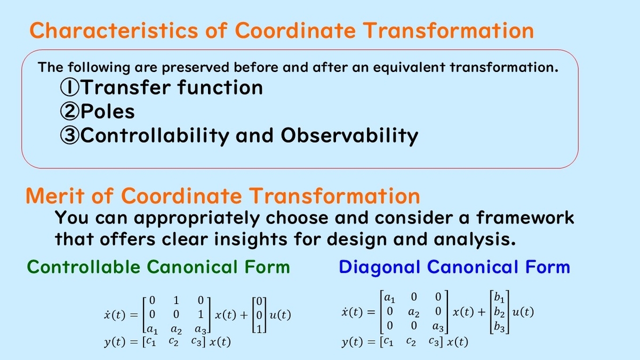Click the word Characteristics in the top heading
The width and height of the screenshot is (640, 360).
114,30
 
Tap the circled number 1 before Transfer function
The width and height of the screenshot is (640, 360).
69,87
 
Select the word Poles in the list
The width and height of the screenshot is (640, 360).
107,111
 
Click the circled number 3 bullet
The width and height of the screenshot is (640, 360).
69,135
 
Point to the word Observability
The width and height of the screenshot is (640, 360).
349,136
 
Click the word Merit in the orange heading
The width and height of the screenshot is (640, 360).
55,196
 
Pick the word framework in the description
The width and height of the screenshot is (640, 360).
525,218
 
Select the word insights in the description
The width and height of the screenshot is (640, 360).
251,239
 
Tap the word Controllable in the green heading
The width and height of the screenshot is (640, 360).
83,267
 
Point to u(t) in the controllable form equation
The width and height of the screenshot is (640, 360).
280,315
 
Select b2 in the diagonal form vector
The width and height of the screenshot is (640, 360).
499,312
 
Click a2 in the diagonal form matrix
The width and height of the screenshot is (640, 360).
413,313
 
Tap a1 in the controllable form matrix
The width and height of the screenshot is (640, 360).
152,330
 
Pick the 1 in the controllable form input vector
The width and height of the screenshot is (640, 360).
259,329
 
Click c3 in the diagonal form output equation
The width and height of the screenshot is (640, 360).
434,341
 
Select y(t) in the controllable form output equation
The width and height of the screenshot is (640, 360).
115,342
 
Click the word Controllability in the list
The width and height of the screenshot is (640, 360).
155,136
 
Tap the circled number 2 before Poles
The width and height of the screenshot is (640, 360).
69,111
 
